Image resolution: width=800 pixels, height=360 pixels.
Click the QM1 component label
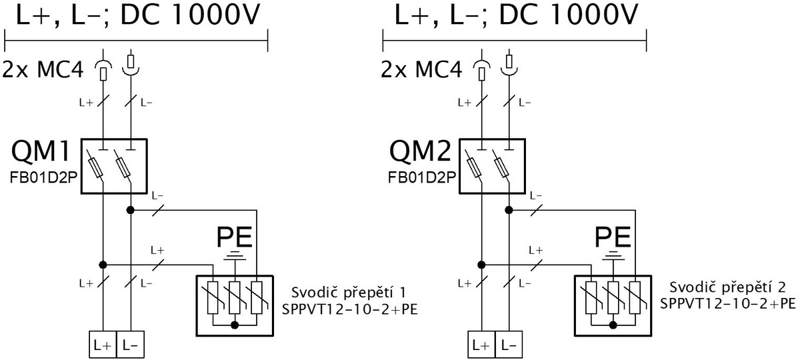click(41, 152)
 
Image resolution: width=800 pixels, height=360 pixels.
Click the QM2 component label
click(421, 152)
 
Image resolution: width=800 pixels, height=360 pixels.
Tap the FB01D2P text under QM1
click(43, 177)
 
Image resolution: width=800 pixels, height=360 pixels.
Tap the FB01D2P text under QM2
click(422, 177)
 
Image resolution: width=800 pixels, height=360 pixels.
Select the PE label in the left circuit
click(235, 237)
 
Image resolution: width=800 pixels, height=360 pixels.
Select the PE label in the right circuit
click(613, 237)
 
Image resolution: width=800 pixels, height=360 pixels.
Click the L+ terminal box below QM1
click(103, 345)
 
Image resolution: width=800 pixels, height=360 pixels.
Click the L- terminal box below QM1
click(131, 345)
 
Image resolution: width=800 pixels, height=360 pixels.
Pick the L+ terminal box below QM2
click(481, 345)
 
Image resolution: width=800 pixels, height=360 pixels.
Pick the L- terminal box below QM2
click(509, 345)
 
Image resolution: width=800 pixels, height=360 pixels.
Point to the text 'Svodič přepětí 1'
click(349, 293)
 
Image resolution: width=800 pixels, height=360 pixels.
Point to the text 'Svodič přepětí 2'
click(727, 287)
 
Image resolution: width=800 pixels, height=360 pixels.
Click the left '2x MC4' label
click(43, 69)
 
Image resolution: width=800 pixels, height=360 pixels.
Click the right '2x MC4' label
click(421, 69)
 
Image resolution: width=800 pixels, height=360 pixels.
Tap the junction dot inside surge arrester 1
click(235, 325)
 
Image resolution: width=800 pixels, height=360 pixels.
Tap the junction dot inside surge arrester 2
click(613, 325)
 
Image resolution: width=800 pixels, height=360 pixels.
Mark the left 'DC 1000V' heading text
click(191, 15)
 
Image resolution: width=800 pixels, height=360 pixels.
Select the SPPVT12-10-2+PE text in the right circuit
click(728, 303)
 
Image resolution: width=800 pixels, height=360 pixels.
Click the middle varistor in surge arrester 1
click(235, 298)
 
